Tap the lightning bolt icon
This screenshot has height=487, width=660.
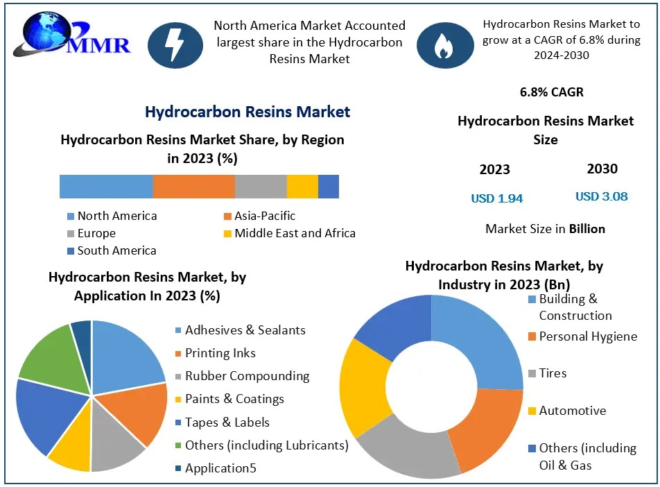pyautogui.click(x=175, y=44)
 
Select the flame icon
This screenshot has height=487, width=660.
pyautogui.click(x=442, y=44)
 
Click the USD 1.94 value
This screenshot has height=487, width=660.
pyautogui.click(x=496, y=198)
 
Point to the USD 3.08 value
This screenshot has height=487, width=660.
pyautogui.click(x=601, y=196)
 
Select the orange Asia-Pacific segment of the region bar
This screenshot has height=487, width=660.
pyautogui.click(x=193, y=187)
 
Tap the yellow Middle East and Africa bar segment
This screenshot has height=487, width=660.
pyautogui.click(x=302, y=187)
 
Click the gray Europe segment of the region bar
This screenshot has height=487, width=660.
pyautogui.click(x=261, y=187)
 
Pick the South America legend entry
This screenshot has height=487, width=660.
pyautogui.click(x=111, y=250)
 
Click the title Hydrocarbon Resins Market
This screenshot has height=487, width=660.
pyautogui.click(x=247, y=112)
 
